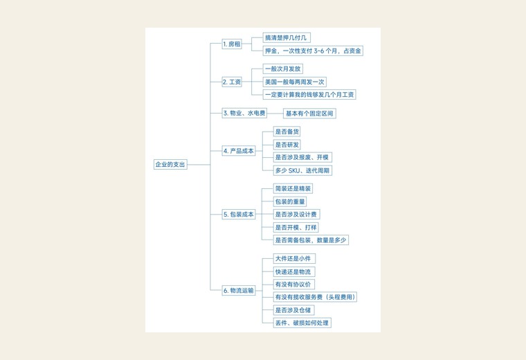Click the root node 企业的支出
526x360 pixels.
[x=170, y=164]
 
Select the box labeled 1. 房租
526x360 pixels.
[x=232, y=44]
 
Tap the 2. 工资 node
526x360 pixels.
[x=232, y=82]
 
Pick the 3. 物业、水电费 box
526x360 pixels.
[x=244, y=113]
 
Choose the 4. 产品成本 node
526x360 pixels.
[x=239, y=151]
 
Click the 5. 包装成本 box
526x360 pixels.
[x=239, y=215]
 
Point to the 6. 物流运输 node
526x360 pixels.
[x=239, y=291]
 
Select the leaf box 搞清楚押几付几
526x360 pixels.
[x=287, y=37]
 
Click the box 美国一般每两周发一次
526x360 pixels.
[x=295, y=82]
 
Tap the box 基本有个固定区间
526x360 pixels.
[x=309, y=114]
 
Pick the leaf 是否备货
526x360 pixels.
[x=287, y=132]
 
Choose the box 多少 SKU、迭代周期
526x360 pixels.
[x=302, y=170]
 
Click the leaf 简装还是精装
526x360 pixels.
[x=293, y=188]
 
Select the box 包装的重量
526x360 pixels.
[x=290, y=201]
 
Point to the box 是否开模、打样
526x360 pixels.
[x=296, y=228]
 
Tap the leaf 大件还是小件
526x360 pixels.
[x=294, y=259]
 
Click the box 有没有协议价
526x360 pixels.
[x=294, y=285]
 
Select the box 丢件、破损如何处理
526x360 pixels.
[x=302, y=323]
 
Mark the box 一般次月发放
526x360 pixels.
[x=283, y=69]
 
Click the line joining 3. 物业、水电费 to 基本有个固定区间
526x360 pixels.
[x=275, y=114]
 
